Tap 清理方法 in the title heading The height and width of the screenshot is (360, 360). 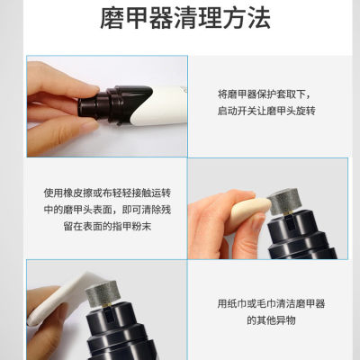(213, 18)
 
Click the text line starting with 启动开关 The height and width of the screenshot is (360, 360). (268, 110)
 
